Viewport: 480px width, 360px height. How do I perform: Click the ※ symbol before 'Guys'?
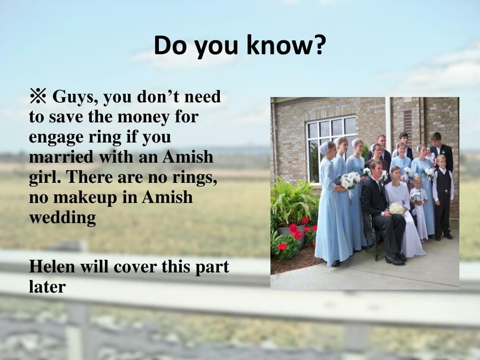tap(38, 97)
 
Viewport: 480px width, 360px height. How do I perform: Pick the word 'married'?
tap(55, 157)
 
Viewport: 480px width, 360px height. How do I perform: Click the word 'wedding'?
tap(62, 217)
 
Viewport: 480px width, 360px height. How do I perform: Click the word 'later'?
tap(47, 286)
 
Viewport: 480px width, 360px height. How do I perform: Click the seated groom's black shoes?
tap(395, 260)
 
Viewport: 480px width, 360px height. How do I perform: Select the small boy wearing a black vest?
tap(442, 197)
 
